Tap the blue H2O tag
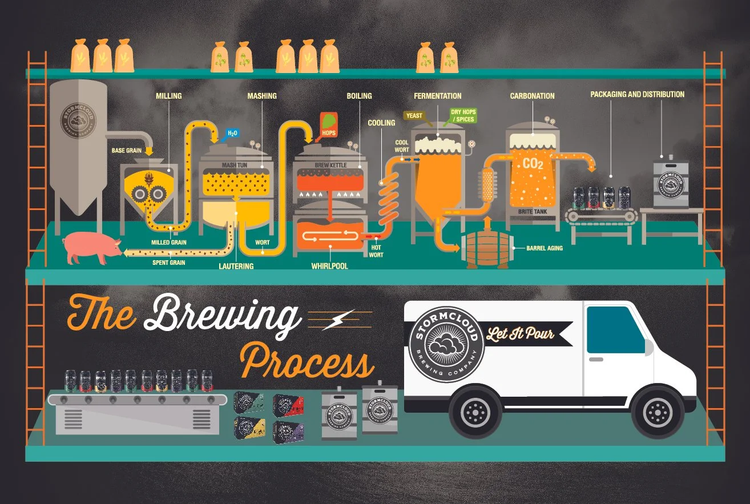click(232, 133)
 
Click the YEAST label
click(414, 116)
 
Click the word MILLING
click(169, 96)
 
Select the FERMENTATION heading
click(438, 96)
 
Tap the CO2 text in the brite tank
click(533, 164)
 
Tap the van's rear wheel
click(475, 410)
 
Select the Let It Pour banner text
click(520, 333)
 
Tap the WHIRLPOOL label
click(329, 266)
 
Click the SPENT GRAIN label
click(168, 263)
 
